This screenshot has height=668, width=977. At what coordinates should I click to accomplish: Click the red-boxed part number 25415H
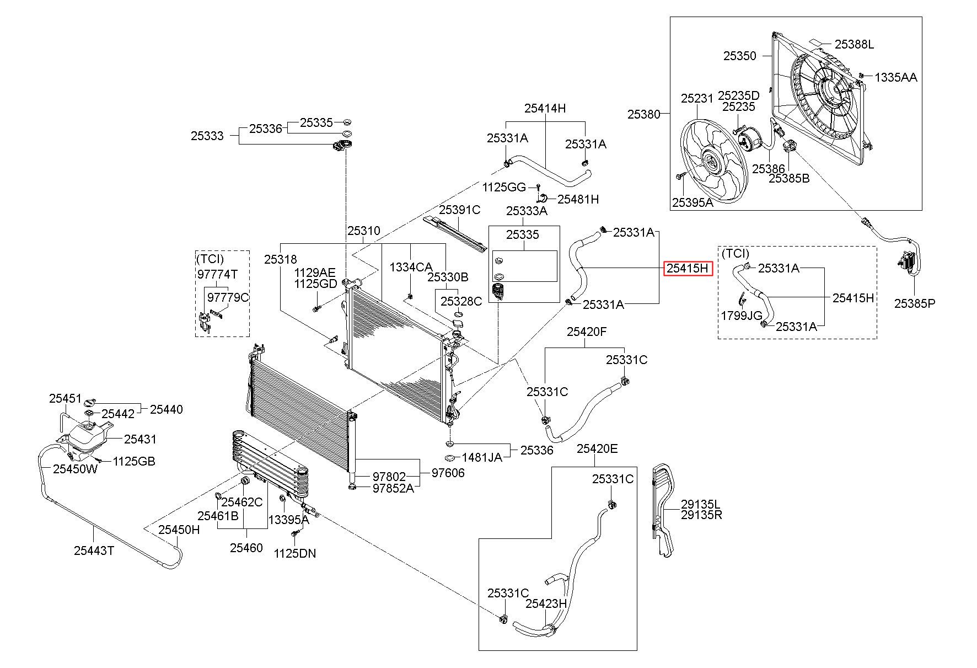coord(687,268)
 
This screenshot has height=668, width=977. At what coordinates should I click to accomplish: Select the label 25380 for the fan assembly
coord(643,114)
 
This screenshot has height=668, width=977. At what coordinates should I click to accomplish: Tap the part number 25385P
coord(915,303)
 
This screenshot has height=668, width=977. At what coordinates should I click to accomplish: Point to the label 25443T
coord(94,551)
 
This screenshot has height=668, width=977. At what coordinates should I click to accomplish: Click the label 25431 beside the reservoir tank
coord(140,439)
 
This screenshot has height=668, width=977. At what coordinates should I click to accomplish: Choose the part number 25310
coord(363,231)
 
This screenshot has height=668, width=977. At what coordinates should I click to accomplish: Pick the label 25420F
coord(587,332)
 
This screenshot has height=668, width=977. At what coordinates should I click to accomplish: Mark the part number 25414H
coord(545,108)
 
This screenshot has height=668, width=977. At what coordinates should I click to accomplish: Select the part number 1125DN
coord(295,553)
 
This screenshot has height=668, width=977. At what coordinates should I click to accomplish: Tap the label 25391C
coord(460,210)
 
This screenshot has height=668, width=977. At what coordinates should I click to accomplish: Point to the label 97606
coord(448,473)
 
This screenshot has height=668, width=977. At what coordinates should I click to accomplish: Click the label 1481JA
coord(482,457)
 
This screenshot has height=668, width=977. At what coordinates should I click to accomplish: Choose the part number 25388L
coord(854,44)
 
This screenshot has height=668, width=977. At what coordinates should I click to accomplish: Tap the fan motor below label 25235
coord(747,138)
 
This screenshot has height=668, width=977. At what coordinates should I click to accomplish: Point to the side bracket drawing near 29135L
coord(665,511)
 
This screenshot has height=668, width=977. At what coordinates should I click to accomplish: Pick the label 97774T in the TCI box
coord(217,274)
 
